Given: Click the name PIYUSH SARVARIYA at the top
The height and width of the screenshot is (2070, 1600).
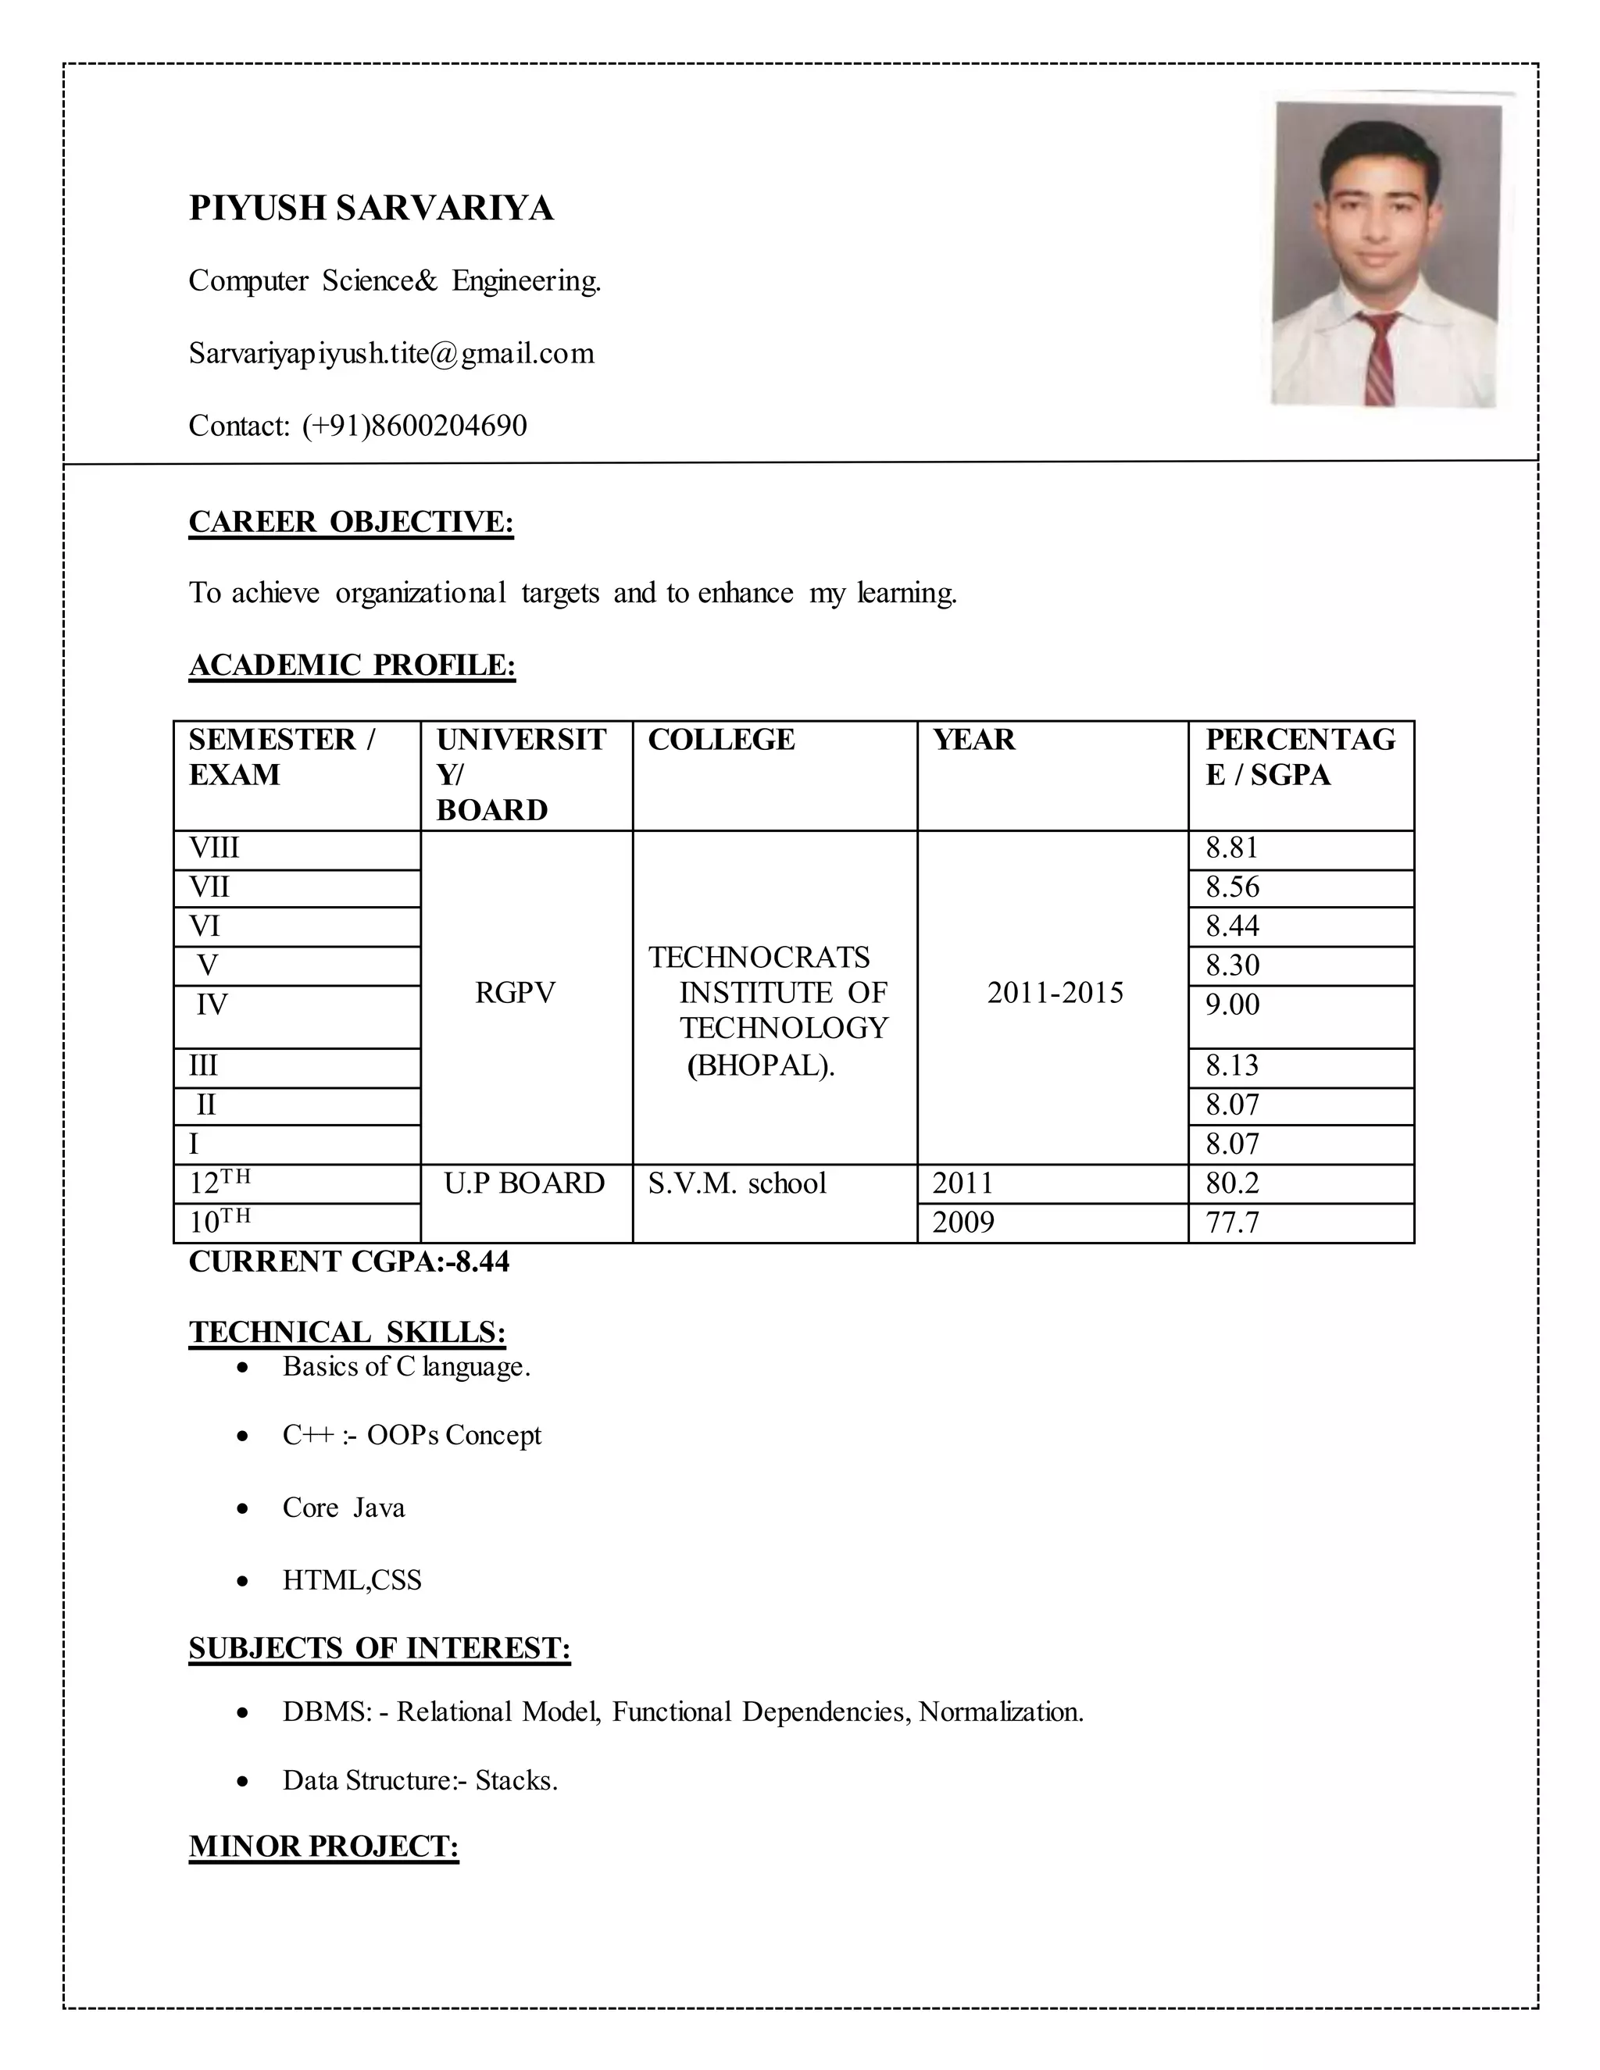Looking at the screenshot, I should coord(370,208).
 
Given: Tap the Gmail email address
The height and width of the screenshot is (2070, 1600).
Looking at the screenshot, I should coord(391,354).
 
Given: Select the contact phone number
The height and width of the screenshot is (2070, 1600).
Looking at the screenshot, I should coord(414,426).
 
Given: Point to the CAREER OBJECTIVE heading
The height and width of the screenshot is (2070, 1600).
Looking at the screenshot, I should coord(351,523).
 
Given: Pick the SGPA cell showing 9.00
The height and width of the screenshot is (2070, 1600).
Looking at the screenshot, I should coord(1232,1005).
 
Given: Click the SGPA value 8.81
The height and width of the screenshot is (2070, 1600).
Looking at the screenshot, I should coord(1231,848).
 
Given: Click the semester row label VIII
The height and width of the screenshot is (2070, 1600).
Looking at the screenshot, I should coord(214,848).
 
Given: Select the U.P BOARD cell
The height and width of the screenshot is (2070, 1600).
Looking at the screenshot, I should coord(523,1183).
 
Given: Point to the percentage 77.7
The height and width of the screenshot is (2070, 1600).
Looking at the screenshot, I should coord(1231,1222).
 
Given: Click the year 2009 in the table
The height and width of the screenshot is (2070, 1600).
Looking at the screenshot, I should coord(963,1222).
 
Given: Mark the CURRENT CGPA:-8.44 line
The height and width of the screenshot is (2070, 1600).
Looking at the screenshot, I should coord(348,1262).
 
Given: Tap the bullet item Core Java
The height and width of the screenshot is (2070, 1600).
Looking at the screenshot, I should coord(343,1508).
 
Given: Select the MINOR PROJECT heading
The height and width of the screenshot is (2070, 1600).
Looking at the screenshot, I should coord(323,1847).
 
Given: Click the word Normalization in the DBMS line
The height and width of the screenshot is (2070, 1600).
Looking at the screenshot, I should coord(1000,1711).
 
